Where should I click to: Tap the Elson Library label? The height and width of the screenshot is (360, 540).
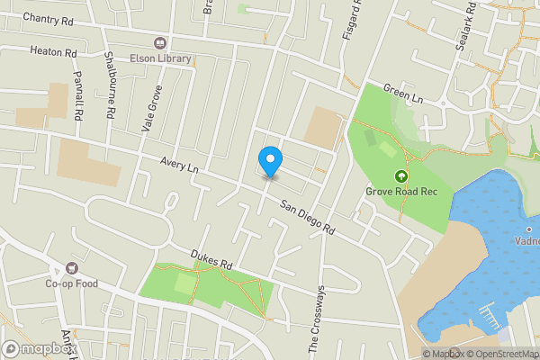pos(161,58)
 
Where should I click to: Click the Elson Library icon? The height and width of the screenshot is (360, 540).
pos(161,42)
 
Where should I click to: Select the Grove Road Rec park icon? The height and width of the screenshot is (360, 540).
pos(400,175)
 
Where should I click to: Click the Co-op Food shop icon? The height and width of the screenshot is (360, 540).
pos(72,268)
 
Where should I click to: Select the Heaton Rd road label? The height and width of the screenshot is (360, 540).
pos(53,53)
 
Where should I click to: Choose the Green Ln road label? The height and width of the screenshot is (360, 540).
pos(402,93)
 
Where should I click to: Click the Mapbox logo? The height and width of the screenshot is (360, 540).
pos(40,349)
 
